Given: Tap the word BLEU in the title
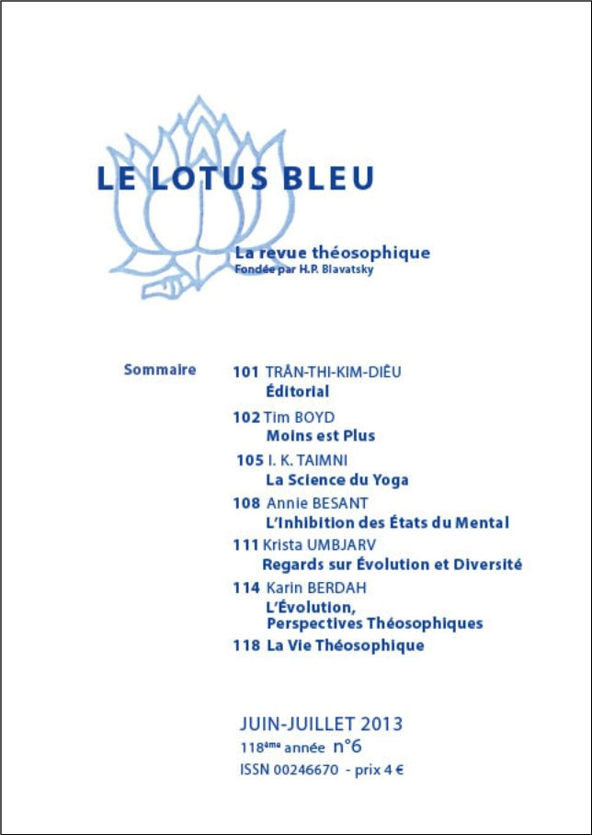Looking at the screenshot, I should point(327,177).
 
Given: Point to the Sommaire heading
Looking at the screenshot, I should point(160,370).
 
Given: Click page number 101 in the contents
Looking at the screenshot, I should point(245,372).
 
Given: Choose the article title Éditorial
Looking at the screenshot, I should point(297,392).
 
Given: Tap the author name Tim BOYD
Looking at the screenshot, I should point(299,417).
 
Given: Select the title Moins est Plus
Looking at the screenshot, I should point(320,436).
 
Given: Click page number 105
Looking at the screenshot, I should point(249,461).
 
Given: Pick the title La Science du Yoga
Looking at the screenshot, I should point(336,480).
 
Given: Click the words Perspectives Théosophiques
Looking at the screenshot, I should point(373,623).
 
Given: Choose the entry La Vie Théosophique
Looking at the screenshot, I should point(345,646).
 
